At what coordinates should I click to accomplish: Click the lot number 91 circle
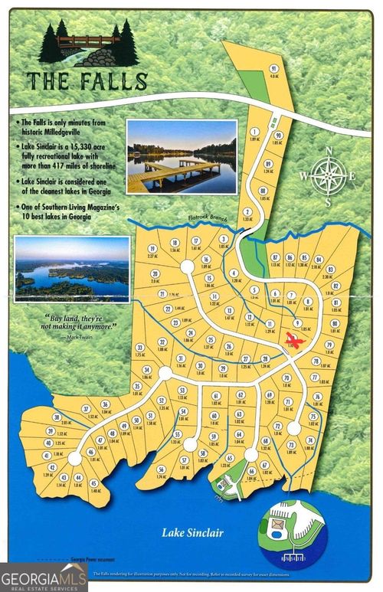[273, 68]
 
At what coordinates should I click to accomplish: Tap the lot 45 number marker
[93, 483]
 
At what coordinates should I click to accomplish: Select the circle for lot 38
[56, 417]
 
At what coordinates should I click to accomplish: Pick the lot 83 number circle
[330, 270]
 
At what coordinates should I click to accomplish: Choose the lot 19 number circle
[152, 249]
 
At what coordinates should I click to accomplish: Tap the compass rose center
[328, 176]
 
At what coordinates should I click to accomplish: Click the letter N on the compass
[328, 150]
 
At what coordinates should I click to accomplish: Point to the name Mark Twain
[92, 335]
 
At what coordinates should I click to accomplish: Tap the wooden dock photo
[182, 157]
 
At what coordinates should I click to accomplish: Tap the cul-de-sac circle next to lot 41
[74, 458]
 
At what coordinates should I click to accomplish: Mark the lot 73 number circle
[291, 445]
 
